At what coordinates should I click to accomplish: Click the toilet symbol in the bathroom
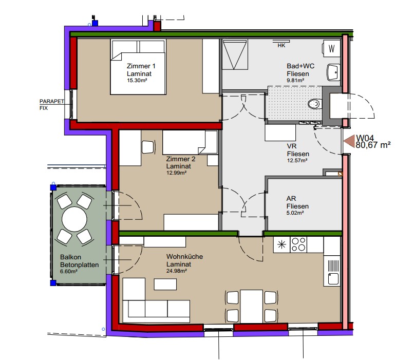(x=314, y=104)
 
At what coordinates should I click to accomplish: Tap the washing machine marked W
(x=331, y=48)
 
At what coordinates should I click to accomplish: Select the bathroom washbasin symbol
(x=333, y=72)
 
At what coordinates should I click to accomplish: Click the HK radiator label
(x=281, y=46)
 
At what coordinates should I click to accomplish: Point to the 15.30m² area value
(x=137, y=81)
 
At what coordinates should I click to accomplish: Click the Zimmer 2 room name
(x=181, y=159)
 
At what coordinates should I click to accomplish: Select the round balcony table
(x=74, y=219)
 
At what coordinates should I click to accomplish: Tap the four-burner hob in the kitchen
(x=298, y=244)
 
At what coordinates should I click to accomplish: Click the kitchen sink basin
(x=333, y=279)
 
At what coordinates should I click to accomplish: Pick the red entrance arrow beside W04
(x=349, y=141)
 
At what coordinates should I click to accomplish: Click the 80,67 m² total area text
(x=373, y=145)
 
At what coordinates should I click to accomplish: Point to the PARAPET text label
(x=52, y=101)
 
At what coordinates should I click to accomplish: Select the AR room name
(x=291, y=199)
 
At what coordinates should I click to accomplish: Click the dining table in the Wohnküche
(x=251, y=307)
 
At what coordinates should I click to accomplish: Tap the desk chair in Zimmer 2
(x=148, y=147)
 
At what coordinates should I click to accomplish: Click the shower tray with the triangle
(x=235, y=54)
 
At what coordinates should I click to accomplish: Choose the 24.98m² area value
(x=177, y=271)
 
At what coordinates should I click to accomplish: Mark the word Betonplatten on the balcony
(x=79, y=265)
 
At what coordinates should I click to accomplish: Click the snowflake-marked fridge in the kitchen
(x=281, y=244)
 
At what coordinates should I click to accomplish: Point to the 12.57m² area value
(x=297, y=160)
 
